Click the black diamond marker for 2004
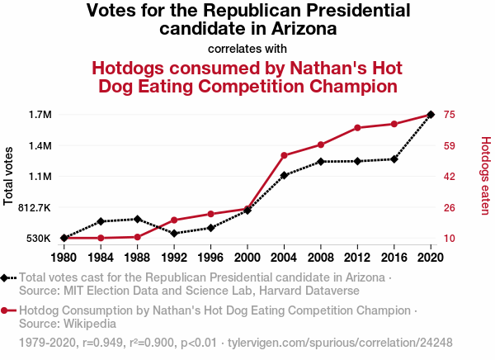coord(284,175)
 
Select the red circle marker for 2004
coord(284,155)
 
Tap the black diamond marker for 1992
coord(174,233)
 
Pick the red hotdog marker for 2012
coord(357,128)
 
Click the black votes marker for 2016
coord(394,159)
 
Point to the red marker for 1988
coord(137,237)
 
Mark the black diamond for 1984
coord(101,221)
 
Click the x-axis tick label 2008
coord(321,256)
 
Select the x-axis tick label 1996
coord(210,256)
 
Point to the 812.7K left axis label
coord(34,208)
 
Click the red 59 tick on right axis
coord(450,146)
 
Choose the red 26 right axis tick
coord(450,208)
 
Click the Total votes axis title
coord(9,176)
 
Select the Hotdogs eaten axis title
coord(485,176)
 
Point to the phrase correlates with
coord(247,48)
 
